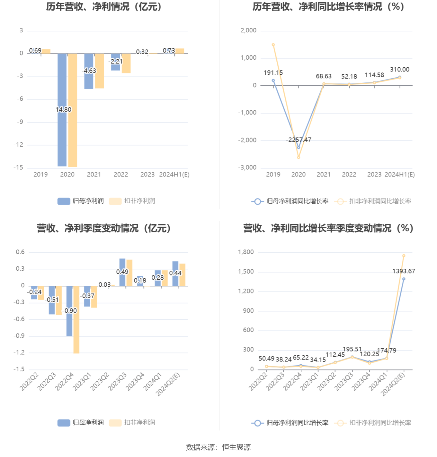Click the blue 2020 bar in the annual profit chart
[x=62, y=138]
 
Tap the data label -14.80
[x=62, y=110]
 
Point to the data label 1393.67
[x=404, y=271]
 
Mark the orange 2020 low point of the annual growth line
[x=299, y=157]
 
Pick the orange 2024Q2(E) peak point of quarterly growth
[x=404, y=256]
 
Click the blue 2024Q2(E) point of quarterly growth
[x=404, y=279]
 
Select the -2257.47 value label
[x=299, y=140]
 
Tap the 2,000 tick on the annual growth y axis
[x=248, y=30]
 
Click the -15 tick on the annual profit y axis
[x=18, y=167]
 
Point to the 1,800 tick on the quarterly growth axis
[x=246, y=252]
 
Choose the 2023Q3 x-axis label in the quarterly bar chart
[x=117, y=382]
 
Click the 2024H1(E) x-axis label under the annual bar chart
[x=174, y=174]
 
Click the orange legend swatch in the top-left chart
[x=115, y=201]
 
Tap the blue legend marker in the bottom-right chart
[x=257, y=423]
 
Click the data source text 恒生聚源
[x=236, y=447]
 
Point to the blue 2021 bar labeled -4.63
[x=89, y=80]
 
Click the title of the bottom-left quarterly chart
[x=104, y=228]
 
